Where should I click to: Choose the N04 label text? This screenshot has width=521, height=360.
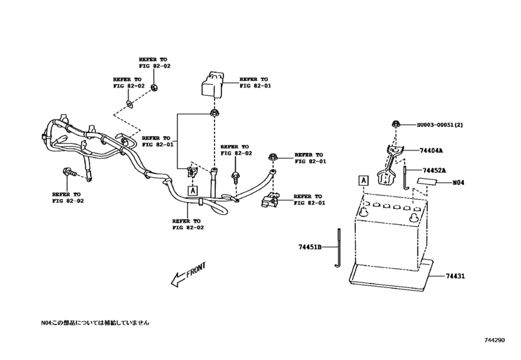pyautogui.click(x=458, y=183)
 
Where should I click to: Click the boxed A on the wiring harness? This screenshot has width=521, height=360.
pyautogui.click(x=191, y=191)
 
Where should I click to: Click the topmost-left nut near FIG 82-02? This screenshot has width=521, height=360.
pyautogui.click(x=154, y=87)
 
